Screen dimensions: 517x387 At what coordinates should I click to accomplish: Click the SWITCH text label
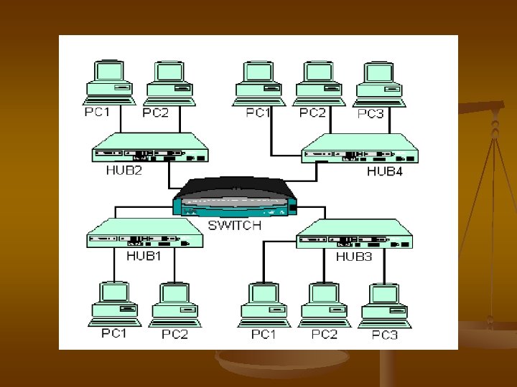pos(234,225)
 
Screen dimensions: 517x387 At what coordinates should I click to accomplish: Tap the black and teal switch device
pos(235,197)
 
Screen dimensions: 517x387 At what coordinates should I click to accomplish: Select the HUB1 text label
pos(144,255)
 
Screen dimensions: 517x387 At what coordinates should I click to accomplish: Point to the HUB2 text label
pos(124,171)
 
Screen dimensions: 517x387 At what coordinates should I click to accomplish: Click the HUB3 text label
pos(354,256)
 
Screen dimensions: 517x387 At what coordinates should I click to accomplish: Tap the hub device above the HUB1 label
pos(144,234)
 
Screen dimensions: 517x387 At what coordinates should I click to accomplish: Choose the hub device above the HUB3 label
pos(355,234)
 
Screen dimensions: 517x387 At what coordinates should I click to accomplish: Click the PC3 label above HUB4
pos(371,114)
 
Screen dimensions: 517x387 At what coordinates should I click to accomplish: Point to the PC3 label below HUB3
pos(384,335)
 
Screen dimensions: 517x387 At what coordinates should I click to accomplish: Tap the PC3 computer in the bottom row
pos(386,305)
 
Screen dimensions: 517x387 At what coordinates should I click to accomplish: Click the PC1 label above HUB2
pos(97,112)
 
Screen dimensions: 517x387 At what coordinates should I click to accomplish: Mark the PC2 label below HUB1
pos(174,334)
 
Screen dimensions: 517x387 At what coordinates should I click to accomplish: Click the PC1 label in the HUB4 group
pos(258,113)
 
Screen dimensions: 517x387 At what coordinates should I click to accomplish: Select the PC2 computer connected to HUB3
pos(325,305)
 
